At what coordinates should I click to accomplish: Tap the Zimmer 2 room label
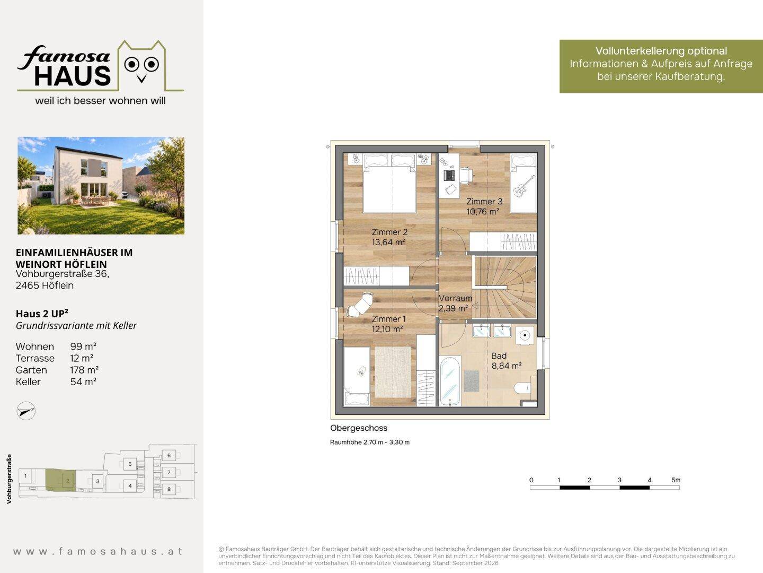(389, 232)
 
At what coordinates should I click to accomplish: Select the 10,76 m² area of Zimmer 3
(483, 211)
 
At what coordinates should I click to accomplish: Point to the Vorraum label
(455, 298)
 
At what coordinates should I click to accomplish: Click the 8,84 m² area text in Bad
(506, 366)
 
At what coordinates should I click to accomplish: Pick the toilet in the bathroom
(522, 387)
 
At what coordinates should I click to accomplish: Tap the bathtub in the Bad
(450, 381)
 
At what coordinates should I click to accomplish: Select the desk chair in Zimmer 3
(466, 175)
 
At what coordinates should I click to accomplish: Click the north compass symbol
(26, 411)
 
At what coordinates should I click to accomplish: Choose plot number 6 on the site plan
(169, 455)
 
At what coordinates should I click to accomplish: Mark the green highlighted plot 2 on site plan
(61, 480)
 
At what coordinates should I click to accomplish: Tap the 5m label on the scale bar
(676, 480)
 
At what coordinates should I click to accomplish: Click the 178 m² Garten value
(84, 370)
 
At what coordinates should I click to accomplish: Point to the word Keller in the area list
(28, 381)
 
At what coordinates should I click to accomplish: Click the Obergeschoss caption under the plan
(358, 428)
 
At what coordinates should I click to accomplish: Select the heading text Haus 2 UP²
(42, 314)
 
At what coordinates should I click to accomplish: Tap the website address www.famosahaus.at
(97, 551)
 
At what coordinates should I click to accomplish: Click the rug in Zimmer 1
(393, 371)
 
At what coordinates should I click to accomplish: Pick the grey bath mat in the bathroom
(472, 380)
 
